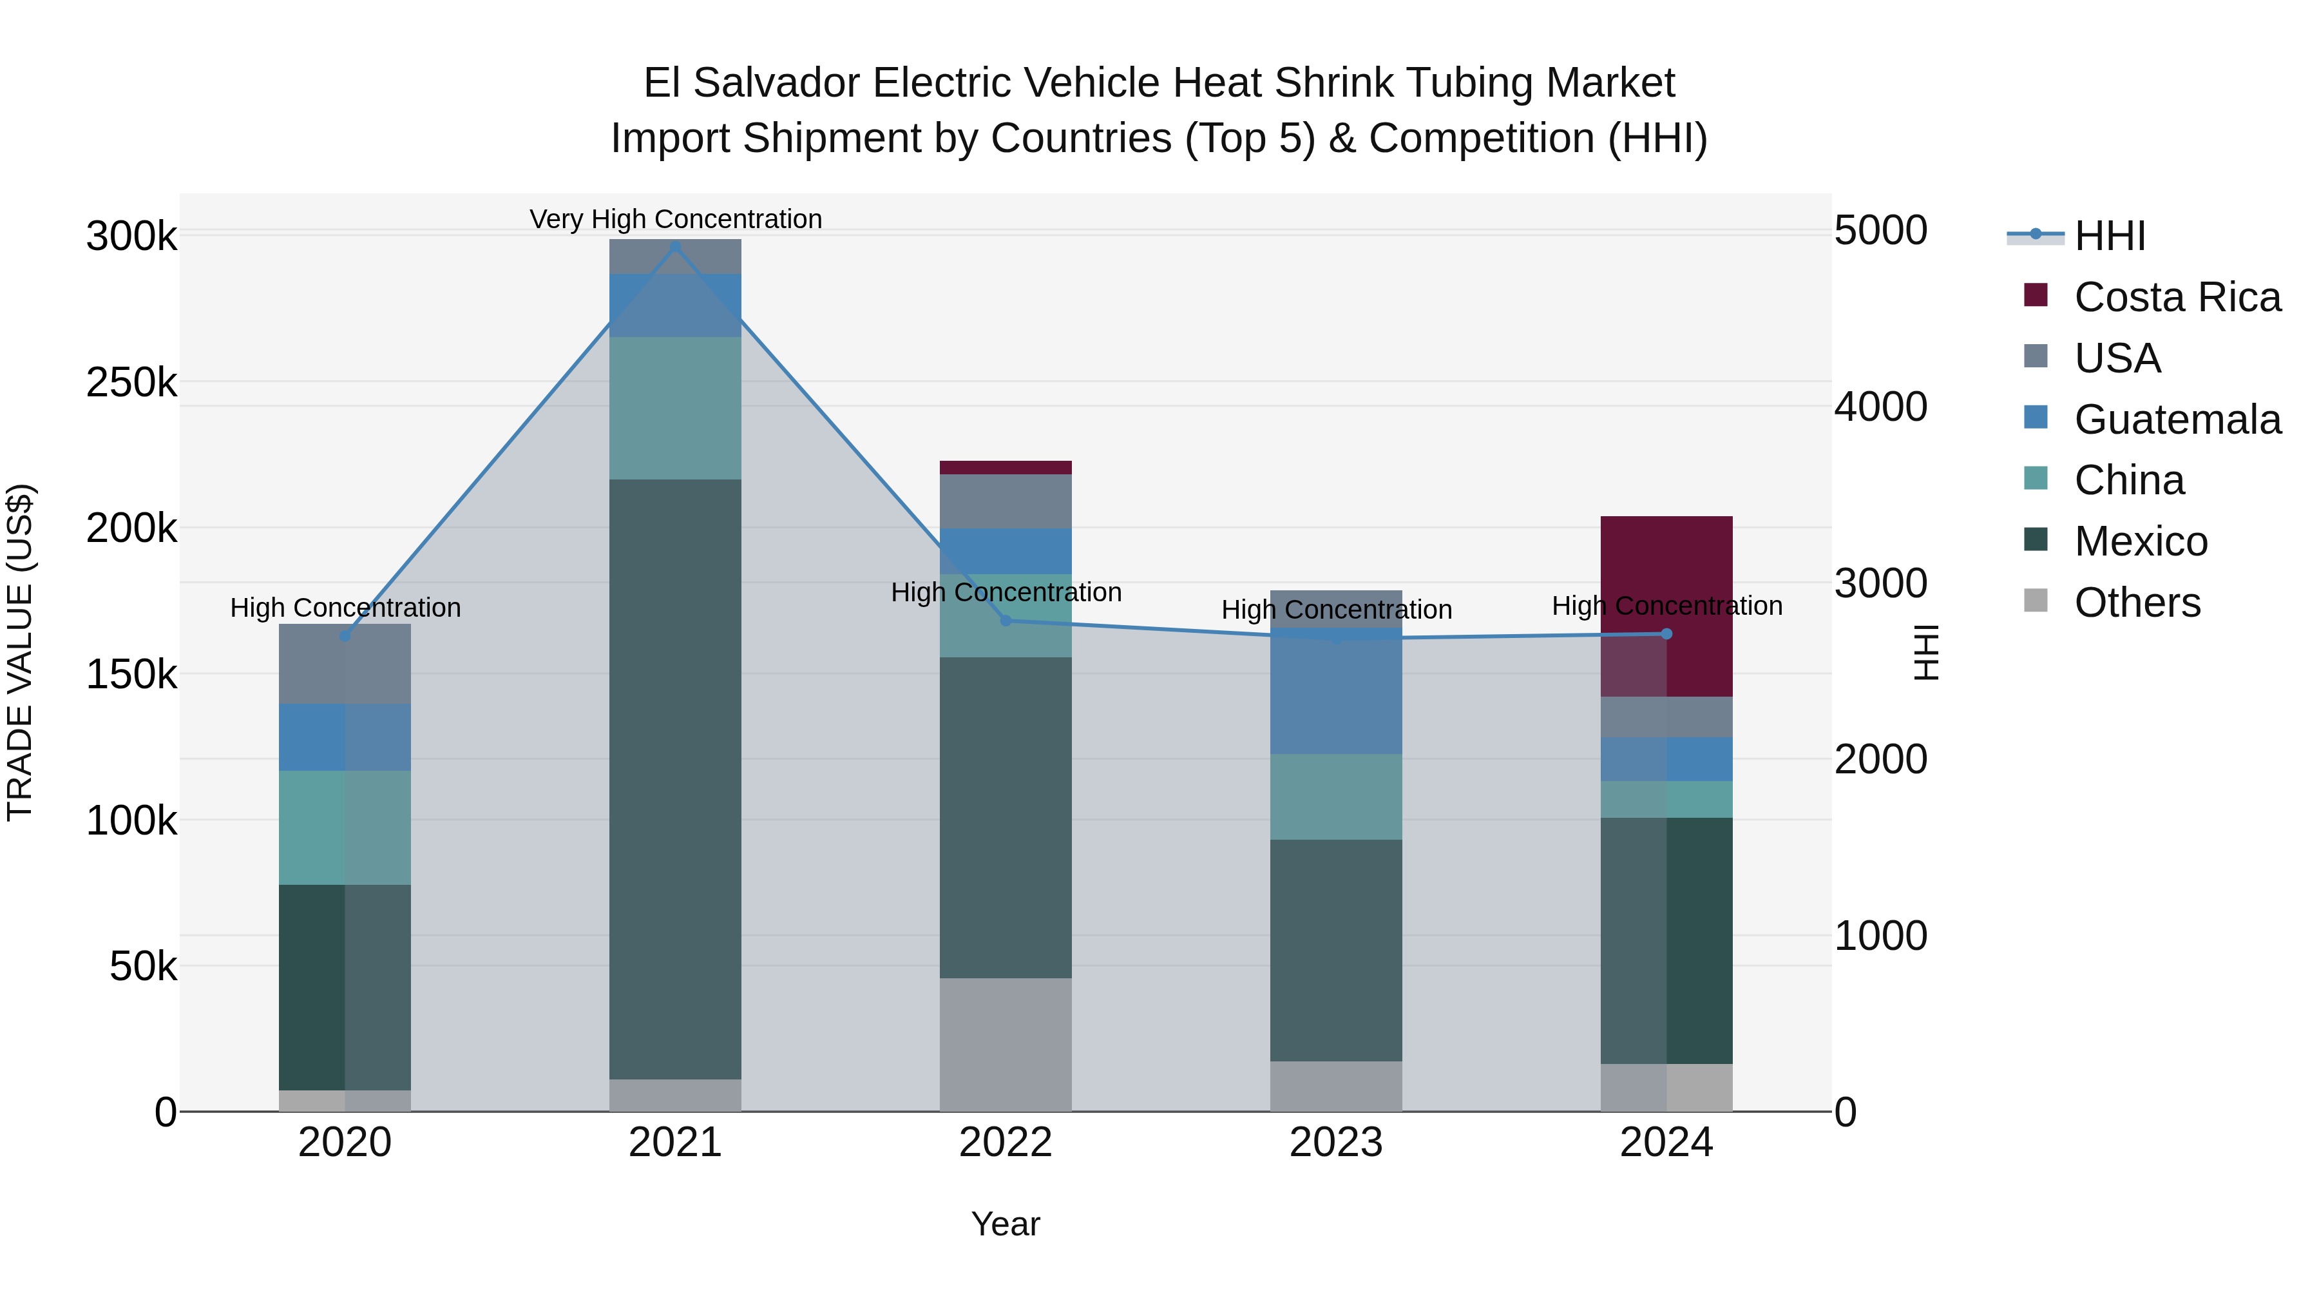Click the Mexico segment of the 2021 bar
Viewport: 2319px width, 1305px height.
click(x=675, y=779)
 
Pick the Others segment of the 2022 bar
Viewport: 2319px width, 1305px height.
click(x=1006, y=1045)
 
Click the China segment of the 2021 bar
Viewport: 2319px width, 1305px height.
click(x=675, y=408)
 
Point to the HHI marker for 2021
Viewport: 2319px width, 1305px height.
click(x=675, y=246)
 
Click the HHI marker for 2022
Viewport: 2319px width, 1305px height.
click(x=1006, y=621)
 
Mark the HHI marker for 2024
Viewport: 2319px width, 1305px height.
click(x=1666, y=634)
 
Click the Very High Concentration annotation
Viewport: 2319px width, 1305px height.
click(x=675, y=219)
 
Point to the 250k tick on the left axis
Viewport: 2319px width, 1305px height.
click(x=131, y=383)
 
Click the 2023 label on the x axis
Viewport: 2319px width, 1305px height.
click(x=1336, y=1143)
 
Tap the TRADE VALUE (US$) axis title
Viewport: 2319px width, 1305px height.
click(x=20, y=652)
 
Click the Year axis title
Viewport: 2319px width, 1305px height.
click(x=1006, y=1224)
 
